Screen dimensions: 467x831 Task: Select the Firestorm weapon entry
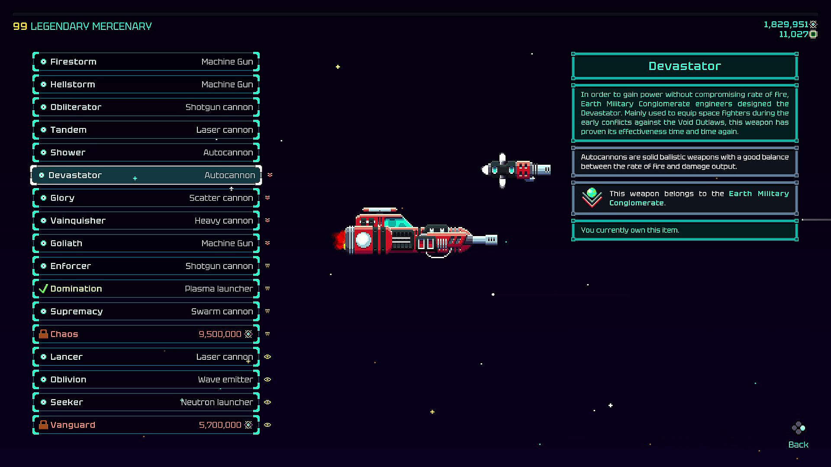coord(146,62)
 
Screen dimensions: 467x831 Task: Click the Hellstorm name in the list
coord(73,85)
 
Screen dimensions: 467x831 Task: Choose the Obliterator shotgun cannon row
coord(146,107)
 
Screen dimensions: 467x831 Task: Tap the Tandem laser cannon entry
coord(146,130)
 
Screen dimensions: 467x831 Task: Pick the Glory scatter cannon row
coord(146,198)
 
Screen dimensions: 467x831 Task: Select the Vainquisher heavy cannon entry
coord(146,221)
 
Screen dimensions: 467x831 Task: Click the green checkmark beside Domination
coord(43,289)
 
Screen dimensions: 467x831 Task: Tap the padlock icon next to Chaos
coord(43,334)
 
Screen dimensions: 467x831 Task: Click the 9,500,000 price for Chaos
coord(220,334)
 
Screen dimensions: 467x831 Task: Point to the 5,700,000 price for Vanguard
coord(220,425)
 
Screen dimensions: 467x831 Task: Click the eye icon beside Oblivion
coord(267,380)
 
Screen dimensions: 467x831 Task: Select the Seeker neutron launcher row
coord(146,402)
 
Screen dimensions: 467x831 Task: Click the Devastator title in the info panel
coord(685,66)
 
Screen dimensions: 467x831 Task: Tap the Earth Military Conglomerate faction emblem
coord(592,198)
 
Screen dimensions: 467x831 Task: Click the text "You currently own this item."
coord(630,230)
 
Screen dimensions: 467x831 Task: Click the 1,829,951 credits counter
coord(786,25)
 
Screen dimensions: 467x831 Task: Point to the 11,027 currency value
coord(793,35)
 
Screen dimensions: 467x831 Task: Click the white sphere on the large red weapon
coord(363,240)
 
